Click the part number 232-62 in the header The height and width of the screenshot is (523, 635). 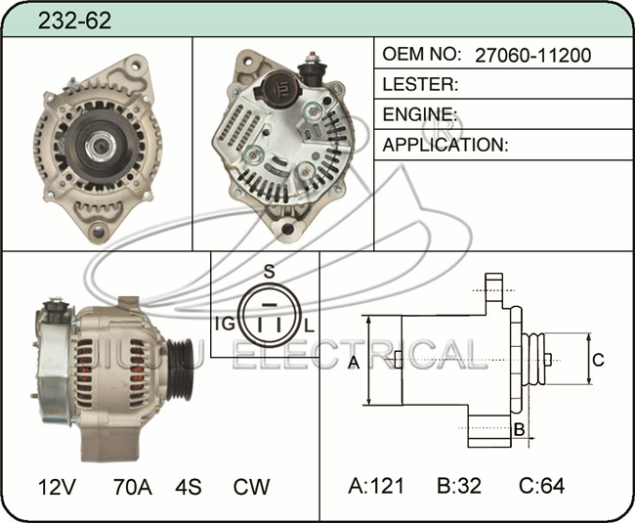point(74,21)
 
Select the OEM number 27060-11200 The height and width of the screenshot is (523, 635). point(533,55)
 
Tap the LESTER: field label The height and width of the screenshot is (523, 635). point(420,84)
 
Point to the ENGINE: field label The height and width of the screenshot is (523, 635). point(420,114)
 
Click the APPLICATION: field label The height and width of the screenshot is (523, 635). point(445,145)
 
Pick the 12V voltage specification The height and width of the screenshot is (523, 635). point(57,487)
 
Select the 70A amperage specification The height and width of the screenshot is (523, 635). point(133,487)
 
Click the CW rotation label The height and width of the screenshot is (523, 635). point(251,487)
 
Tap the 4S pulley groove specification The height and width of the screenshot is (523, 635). point(189,487)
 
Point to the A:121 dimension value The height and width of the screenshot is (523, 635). point(376,485)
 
